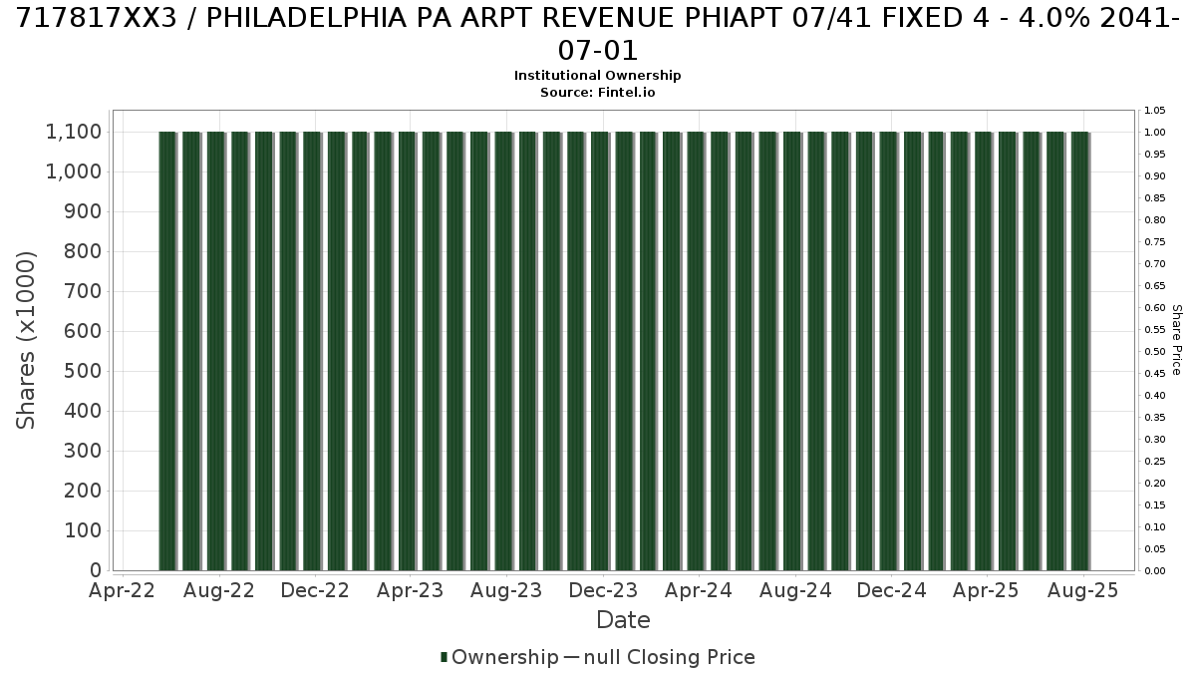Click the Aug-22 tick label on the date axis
click(219, 590)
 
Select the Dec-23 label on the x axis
click(603, 590)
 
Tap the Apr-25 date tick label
click(986, 590)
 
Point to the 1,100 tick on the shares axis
click(74, 132)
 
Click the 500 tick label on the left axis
click(83, 371)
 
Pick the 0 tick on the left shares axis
click(96, 570)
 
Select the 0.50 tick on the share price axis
click(1155, 351)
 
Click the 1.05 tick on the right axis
click(1155, 111)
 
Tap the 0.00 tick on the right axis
click(1155, 571)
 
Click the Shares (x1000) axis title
click(26, 340)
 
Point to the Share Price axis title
click(1176, 340)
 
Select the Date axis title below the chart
click(623, 620)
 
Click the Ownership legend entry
click(499, 657)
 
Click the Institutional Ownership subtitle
click(597, 76)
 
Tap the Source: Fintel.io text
click(597, 93)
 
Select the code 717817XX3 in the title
click(96, 19)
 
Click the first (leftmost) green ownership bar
click(167, 351)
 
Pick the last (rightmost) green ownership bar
click(1079, 351)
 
